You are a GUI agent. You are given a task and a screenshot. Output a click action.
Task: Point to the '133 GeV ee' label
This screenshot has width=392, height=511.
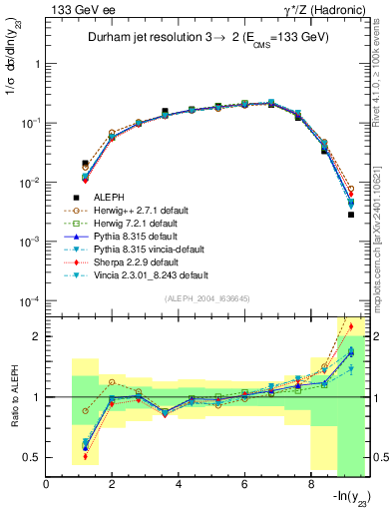75,10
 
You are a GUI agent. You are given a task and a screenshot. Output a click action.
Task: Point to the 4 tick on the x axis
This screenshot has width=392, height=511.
178,485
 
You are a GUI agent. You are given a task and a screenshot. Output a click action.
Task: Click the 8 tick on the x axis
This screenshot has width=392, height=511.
310,485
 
